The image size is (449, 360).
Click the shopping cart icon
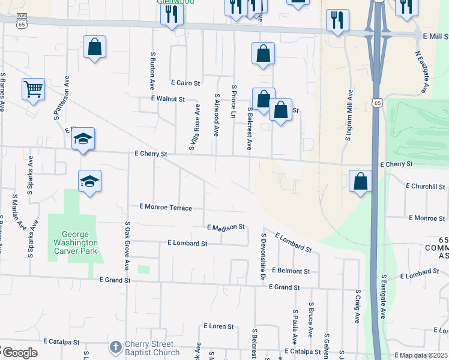coord(33,89)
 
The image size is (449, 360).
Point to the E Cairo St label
coord(185,83)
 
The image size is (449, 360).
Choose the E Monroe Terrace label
coord(166,207)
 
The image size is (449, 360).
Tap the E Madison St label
coord(226,227)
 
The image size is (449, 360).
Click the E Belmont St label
coord(290,271)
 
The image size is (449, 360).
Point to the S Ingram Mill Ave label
coord(349,115)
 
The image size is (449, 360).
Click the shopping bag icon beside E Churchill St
coord(360,181)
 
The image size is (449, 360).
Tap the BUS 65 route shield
coord(22,21)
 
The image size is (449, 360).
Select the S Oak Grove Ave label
coord(127,245)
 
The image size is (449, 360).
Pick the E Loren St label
coord(218,326)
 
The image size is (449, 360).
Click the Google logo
coord(19,353)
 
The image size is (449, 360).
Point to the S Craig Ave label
coord(357,309)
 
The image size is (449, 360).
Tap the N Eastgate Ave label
coord(423,71)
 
